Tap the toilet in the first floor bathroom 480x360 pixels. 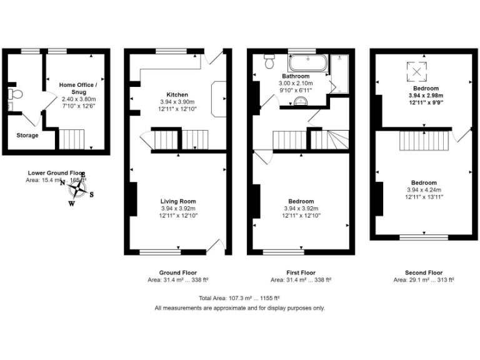tap(270, 61)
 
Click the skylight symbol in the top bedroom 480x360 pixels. tap(416, 72)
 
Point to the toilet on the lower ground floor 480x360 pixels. tap(16, 94)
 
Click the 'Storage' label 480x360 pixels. tap(27, 135)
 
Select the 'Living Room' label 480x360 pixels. tap(178, 201)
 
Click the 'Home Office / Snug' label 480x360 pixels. tap(79, 88)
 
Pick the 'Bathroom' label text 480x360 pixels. tap(296, 76)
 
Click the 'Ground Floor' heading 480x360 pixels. tap(178, 272)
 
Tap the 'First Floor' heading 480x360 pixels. tap(300, 272)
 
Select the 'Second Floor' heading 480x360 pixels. tap(423, 272)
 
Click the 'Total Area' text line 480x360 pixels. tap(239, 297)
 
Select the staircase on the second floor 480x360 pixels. tap(425, 139)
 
